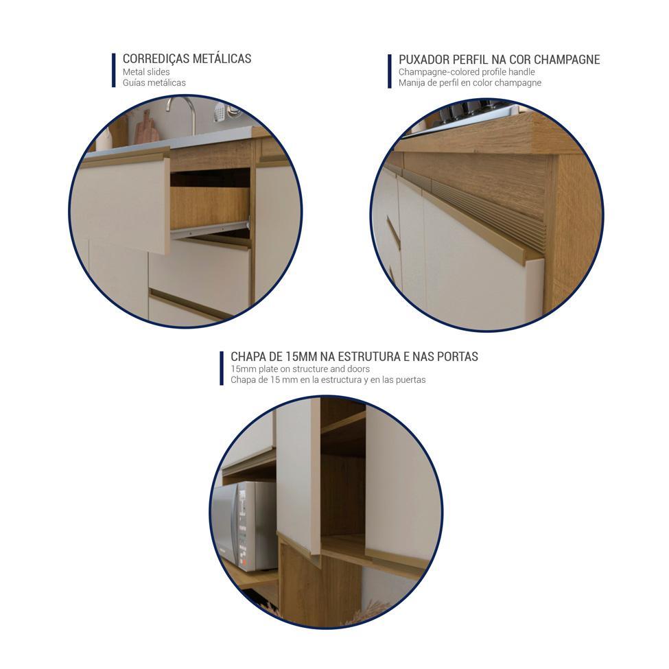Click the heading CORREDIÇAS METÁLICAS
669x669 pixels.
(x=187, y=58)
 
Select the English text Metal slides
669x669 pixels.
(x=146, y=71)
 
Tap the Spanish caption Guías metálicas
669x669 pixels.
(x=154, y=83)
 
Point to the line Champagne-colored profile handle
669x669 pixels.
(x=467, y=71)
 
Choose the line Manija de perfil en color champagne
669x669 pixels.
(x=470, y=83)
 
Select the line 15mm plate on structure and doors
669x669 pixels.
(x=300, y=368)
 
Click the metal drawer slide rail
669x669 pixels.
(x=210, y=230)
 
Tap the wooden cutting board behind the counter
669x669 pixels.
(x=146, y=128)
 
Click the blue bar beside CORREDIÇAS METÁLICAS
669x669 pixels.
(x=113, y=70)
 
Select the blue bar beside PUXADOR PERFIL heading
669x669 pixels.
(x=390, y=71)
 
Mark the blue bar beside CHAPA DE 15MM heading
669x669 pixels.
(x=222, y=368)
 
